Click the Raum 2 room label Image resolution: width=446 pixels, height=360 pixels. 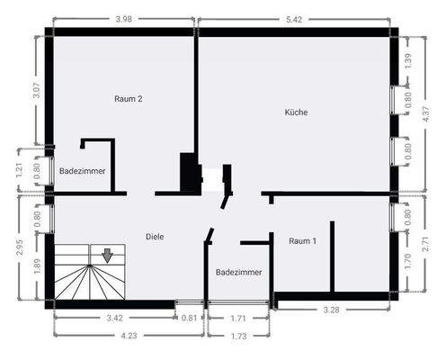click(128, 99)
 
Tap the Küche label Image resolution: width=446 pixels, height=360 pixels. click(296, 112)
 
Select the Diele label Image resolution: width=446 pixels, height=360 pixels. click(155, 237)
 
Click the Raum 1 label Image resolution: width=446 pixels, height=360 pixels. click(302, 241)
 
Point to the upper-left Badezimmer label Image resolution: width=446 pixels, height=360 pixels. click(82, 170)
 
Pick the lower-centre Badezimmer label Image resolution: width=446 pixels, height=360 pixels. click(239, 272)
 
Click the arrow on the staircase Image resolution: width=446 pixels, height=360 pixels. click(107, 256)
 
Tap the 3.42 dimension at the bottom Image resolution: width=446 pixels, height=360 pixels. click(114, 318)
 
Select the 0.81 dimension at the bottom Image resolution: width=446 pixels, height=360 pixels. click(189, 318)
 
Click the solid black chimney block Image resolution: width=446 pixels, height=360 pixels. click(190, 172)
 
